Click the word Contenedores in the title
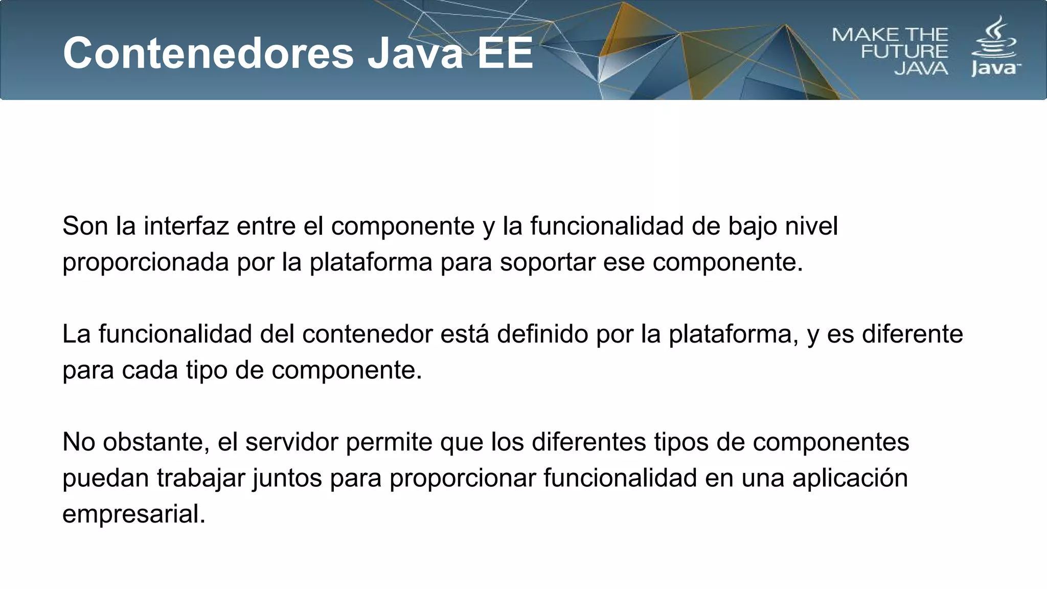click(209, 53)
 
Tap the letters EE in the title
click(505, 53)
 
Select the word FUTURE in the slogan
click(904, 52)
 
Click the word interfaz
click(186, 226)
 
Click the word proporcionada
click(145, 263)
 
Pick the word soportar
click(548, 263)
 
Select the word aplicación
click(850, 479)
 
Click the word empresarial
click(133, 514)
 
